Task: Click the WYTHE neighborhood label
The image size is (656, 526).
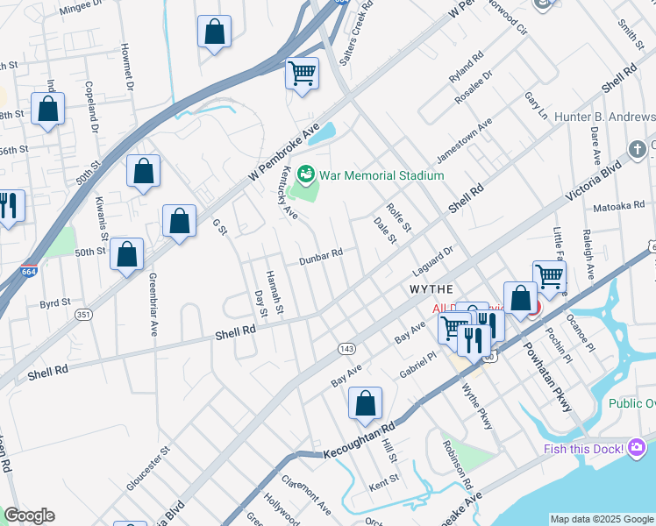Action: (x=431, y=288)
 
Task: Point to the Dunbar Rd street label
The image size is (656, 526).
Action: (x=320, y=256)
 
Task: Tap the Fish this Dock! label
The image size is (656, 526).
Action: (x=569, y=449)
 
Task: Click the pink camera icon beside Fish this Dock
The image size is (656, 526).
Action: (x=638, y=449)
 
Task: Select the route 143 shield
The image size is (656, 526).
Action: (x=346, y=349)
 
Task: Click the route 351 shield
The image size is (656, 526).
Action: (x=83, y=313)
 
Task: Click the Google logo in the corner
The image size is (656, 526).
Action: (x=29, y=515)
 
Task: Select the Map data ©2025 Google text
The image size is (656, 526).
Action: (x=602, y=519)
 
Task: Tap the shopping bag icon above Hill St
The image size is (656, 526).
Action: (x=365, y=403)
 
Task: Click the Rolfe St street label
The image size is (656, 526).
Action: (x=398, y=218)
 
